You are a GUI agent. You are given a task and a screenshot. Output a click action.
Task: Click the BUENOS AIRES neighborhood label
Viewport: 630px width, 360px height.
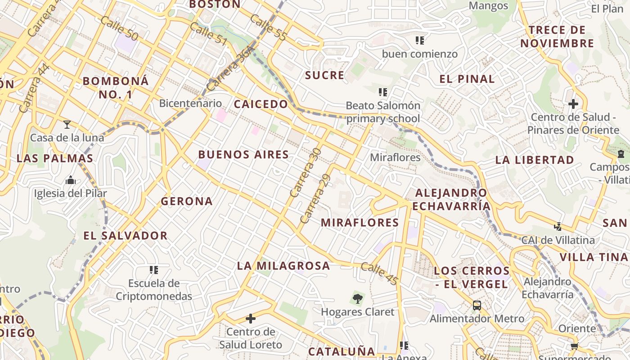coord(243,155)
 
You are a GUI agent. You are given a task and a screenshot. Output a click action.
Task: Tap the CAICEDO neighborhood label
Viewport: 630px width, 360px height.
coord(261,104)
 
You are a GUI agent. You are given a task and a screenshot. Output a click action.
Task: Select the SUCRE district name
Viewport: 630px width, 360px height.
coord(324,75)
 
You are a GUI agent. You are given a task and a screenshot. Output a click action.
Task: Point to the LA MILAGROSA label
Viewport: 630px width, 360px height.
coord(283,266)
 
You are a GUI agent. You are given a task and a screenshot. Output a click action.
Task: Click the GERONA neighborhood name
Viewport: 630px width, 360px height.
coord(187,201)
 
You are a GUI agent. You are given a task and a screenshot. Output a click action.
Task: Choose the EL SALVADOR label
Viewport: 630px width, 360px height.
coord(126,236)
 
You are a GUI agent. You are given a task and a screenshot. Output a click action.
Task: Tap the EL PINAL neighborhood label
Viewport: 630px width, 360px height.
coord(467,79)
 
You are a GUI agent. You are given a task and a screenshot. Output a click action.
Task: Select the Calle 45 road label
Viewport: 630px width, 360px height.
coord(379,274)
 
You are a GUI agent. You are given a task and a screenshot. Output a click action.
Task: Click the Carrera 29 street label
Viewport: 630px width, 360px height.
coord(315,198)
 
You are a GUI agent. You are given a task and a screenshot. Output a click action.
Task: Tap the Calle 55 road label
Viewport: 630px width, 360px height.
coord(268,27)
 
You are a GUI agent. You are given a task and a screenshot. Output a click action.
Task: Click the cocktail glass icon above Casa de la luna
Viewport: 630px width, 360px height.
coord(67,124)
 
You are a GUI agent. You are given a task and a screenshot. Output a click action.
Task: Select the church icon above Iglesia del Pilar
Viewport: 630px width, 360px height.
coord(71,180)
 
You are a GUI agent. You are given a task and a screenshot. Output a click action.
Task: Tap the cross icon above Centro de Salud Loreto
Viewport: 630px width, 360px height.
coord(251,319)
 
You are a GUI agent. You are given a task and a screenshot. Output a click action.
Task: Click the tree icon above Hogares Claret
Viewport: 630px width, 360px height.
coord(357,298)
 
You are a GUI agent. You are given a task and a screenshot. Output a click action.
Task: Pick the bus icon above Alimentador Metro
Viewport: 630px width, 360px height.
coord(477,306)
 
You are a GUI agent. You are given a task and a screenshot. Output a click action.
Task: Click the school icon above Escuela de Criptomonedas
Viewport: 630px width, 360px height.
coord(154,270)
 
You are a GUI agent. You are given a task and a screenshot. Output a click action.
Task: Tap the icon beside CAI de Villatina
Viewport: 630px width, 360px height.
coord(558,227)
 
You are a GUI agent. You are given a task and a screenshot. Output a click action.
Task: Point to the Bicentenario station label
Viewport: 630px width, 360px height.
coord(190,103)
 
